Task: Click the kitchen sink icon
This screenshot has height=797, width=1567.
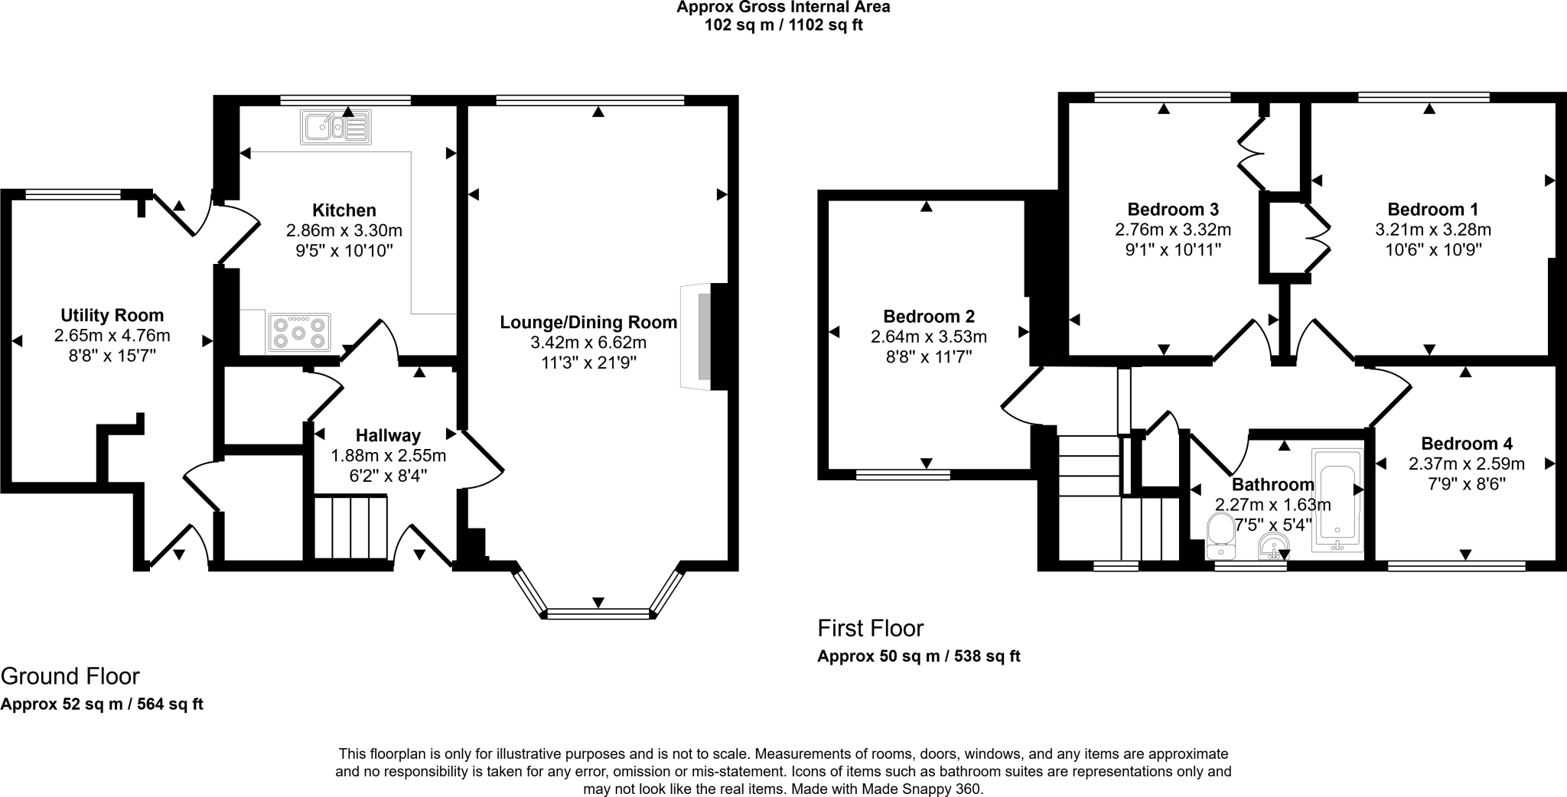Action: tap(337, 127)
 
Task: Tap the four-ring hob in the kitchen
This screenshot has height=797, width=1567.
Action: tap(298, 333)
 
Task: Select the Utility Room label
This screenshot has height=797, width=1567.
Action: tap(112, 315)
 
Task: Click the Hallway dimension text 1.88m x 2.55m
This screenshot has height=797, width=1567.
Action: tap(388, 456)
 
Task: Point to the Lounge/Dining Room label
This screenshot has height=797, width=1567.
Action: tap(588, 322)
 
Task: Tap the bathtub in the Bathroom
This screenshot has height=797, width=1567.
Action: tap(1337, 500)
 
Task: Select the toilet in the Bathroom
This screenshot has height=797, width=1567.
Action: tap(1219, 536)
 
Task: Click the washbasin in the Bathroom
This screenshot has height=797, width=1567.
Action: tap(1273, 546)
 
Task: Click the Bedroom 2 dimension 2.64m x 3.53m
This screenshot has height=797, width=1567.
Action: tap(928, 337)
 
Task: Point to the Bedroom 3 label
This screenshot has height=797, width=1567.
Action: tap(1173, 210)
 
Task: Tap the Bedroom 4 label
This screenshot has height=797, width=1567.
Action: tap(1466, 444)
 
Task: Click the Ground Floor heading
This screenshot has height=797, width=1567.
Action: tap(70, 676)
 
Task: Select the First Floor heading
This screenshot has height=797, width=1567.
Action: tap(870, 629)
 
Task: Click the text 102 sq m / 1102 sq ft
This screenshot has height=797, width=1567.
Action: tap(783, 25)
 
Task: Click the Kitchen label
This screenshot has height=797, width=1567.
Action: tap(344, 210)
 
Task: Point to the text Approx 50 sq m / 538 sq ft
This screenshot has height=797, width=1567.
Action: tap(918, 656)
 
